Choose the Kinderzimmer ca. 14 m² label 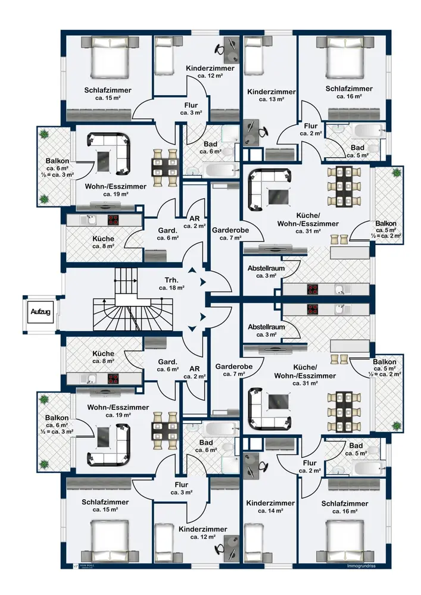(x=271, y=506)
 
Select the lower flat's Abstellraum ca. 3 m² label (x=266, y=331)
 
